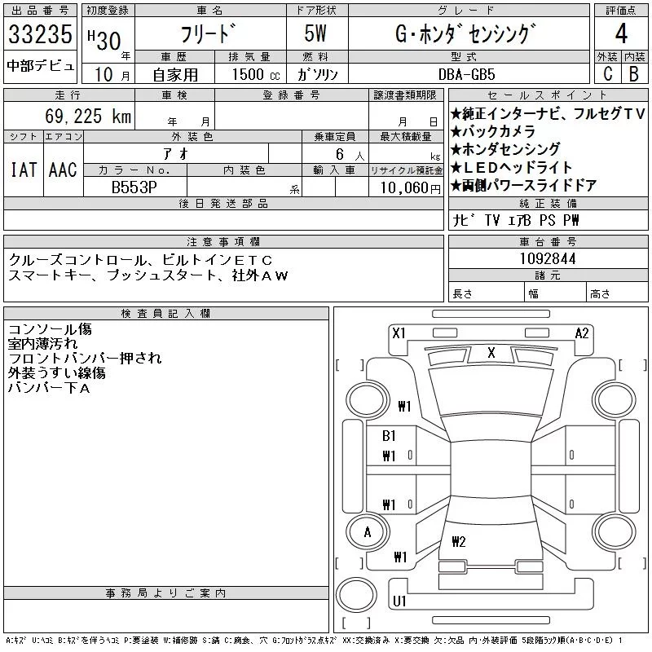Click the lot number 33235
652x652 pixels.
tap(40, 34)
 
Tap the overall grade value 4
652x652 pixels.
tap(621, 33)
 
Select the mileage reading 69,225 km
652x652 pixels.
tap(88, 116)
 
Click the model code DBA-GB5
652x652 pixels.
tap(466, 74)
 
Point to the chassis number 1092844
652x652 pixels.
tap(548, 258)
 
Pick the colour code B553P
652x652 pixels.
tap(134, 187)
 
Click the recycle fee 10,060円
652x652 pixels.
tap(410, 188)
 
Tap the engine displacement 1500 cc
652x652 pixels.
tap(256, 74)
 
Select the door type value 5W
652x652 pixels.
tap(315, 33)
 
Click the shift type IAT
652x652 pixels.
tap(24, 170)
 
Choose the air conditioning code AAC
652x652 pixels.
tap(63, 170)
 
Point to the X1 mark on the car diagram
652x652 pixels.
tap(399, 333)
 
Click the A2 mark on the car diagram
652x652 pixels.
tap(582, 333)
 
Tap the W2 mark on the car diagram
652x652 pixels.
tap(458, 541)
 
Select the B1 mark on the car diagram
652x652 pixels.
tap(389, 436)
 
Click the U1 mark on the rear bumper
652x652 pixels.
tap(399, 601)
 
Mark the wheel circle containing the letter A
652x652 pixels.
tap(368, 532)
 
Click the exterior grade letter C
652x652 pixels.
tap(607, 73)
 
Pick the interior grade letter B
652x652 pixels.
tap(634, 73)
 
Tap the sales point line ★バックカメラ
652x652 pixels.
tap(493, 131)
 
